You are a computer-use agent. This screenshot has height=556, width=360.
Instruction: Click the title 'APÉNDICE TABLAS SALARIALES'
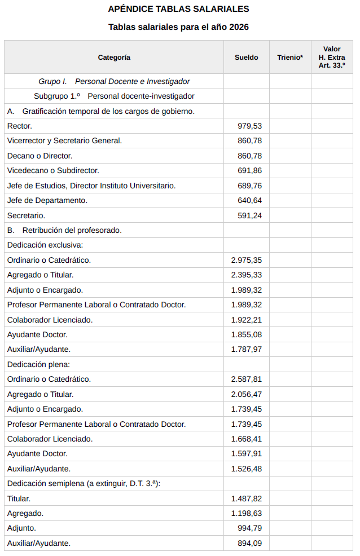[x=178, y=9]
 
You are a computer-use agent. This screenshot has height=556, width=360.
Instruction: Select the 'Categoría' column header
[x=114, y=58]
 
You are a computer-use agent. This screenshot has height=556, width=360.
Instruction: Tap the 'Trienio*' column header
[x=290, y=58]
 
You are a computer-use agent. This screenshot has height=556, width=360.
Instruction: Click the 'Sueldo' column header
[x=247, y=58]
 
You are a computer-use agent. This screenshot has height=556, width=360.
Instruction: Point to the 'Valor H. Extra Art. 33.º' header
[x=332, y=58]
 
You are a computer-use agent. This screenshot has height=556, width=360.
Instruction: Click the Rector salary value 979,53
[x=249, y=126]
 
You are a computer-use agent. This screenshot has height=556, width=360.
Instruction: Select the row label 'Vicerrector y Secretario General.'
[x=64, y=141]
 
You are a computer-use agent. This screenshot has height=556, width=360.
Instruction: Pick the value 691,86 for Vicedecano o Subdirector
[x=249, y=170]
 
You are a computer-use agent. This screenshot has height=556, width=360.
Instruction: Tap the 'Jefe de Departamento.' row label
[x=47, y=200]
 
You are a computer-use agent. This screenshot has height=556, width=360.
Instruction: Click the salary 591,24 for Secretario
[x=249, y=215]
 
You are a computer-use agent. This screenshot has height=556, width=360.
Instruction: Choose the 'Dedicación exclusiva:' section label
[x=45, y=245]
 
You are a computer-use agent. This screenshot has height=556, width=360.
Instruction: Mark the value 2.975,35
[x=247, y=260]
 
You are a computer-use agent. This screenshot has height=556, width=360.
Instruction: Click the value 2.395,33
[x=247, y=275]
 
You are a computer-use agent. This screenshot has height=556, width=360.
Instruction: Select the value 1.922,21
[x=247, y=320]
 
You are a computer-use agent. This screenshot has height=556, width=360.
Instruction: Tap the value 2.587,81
[x=247, y=379]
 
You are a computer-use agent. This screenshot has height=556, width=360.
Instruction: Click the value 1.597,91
[x=247, y=453]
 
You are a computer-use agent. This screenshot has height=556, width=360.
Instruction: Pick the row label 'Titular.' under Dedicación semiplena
[x=19, y=498]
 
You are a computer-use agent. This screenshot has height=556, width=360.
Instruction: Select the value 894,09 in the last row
[x=249, y=544]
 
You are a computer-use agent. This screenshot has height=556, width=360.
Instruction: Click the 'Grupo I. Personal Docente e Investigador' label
[x=114, y=81]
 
